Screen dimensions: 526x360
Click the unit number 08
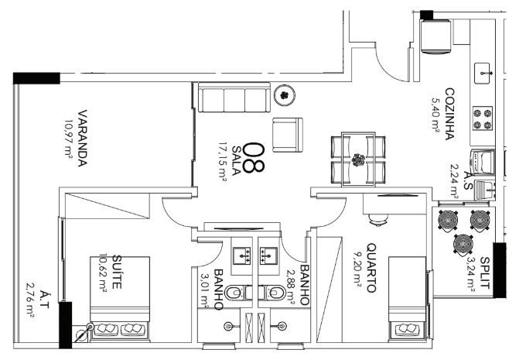pyautogui.click(x=254, y=157)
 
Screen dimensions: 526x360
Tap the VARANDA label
pyautogui.click(x=83, y=138)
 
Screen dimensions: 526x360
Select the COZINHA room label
pyautogui.click(x=449, y=114)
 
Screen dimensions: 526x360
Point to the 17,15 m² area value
pyautogui.click(x=223, y=161)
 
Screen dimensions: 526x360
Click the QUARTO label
pyautogui.click(x=371, y=268)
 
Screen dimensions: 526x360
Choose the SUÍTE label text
pyautogui.click(x=117, y=272)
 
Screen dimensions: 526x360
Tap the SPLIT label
pyautogui.click(x=485, y=273)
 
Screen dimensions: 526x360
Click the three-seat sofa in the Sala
pyautogui.click(x=234, y=97)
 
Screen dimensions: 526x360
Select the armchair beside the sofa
pyautogui.click(x=288, y=135)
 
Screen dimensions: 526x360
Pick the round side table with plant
pyautogui.click(x=285, y=95)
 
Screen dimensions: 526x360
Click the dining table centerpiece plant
pyautogui.click(x=358, y=159)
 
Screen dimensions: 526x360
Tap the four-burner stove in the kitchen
pyautogui.click(x=483, y=118)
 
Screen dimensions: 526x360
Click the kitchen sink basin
pyautogui.click(x=482, y=74)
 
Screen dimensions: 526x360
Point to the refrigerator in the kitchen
pyautogui.click(x=435, y=36)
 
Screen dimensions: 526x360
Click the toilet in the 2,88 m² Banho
pyautogui.click(x=272, y=293)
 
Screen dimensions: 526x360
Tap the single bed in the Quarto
pyautogui.click(x=407, y=298)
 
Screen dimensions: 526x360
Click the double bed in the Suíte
pyautogui.click(x=120, y=298)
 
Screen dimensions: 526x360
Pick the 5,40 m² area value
pyautogui.click(x=435, y=114)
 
